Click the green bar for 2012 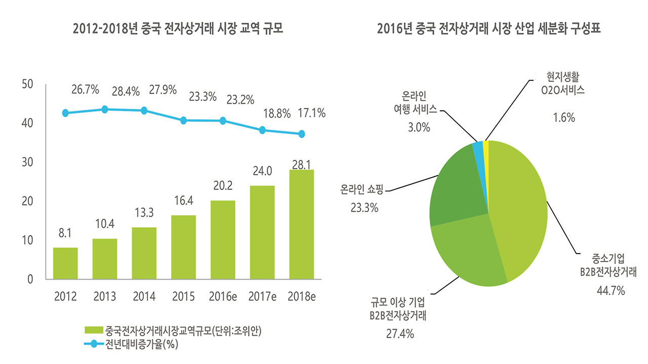[65, 263]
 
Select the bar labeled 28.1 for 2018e [301, 224]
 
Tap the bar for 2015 [183, 247]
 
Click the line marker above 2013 [105, 109]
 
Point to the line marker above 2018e [302, 134]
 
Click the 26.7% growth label [85, 90]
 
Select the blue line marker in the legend [94, 346]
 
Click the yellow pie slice [486, 146]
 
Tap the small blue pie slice [477, 148]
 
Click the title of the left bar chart [178, 29]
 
